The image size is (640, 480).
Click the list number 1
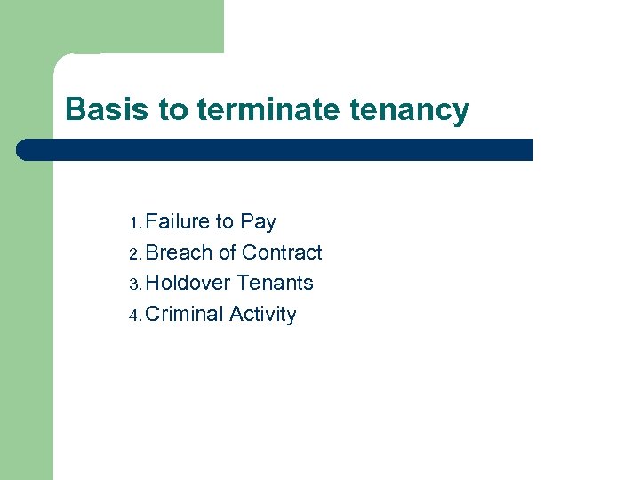coord(134,223)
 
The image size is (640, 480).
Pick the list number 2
coord(134,254)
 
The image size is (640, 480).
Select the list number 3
coord(134,284)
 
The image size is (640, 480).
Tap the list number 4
coord(134,316)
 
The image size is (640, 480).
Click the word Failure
coord(177,222)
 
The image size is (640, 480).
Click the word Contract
coord(282,253)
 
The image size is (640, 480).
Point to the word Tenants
coord(276,284)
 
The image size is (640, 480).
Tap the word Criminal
coord(184,315)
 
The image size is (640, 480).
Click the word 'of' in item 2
coord(228,253)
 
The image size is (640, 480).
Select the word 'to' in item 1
coord(224,222)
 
